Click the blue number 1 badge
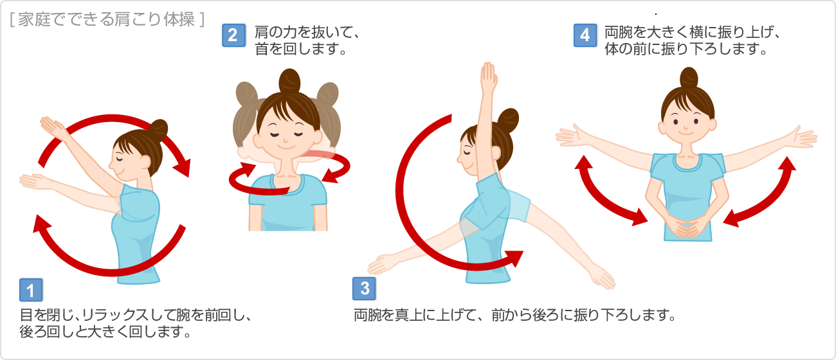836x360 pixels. pyautogui.click(x=31, y=290)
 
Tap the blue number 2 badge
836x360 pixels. pyautogui.click(x=233, y=35)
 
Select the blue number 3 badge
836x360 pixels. pyautogui.click(x=364, y=289)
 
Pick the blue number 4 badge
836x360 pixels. pyautogui.click(x=585, y=35)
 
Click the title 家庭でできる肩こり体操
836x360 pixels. pyautogui.click(x=107, y=19)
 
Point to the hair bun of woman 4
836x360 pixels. pyautogui.click(x=689, y=78)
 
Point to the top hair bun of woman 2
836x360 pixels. pyautogui.click(x=289, y=80)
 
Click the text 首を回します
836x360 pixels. pyautogui.click(x=301, y=49)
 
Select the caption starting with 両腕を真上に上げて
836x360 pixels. pyautogui.click(x=514, y=315)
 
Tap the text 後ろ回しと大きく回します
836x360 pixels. pyautogui.click(x=105, y=332)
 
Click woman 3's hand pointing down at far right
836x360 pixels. pyautogui.click(x=602, y=278)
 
